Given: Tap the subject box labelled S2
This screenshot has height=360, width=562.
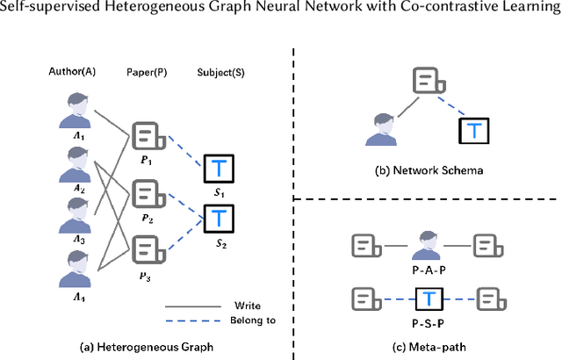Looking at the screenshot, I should [217, 216].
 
